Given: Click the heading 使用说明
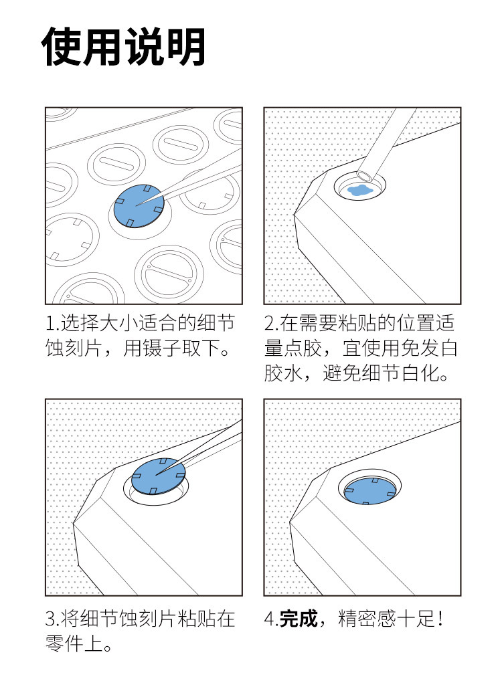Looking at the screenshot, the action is point(123,47).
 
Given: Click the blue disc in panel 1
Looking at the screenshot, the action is point(139,206).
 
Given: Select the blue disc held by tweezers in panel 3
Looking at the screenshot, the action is point(159,476).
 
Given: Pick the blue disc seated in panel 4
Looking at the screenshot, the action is point(369,491).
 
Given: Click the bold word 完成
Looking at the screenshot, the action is point(299,618).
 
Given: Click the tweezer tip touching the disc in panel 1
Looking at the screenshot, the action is point(137,205).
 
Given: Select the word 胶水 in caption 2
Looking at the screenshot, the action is point(284,373).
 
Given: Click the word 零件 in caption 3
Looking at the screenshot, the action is point(64,643).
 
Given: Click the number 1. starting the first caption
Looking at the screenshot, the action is point(52,323).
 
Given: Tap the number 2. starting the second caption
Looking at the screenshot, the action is point(271,323).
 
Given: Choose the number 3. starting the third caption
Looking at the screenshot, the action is point(52,618).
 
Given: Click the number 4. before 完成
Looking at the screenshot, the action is point(271,618).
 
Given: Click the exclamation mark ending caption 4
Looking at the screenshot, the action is point(440,618).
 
